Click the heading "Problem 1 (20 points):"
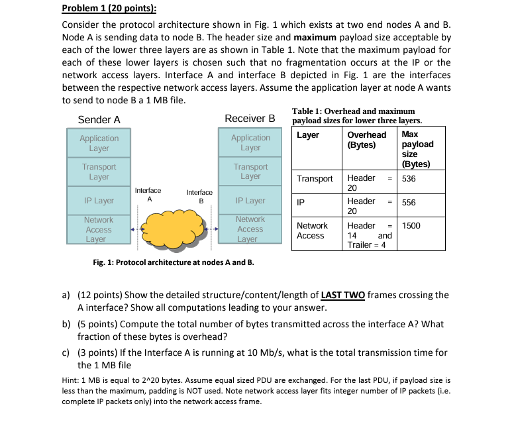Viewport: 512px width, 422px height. (x=109, y=9)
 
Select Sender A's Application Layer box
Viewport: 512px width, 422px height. (x=99, y=143)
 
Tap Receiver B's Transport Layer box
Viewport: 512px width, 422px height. (x=250, y=172)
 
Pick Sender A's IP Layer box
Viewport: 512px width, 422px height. (x=99, y=201)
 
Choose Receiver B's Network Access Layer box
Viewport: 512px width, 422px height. (x=250, y=229)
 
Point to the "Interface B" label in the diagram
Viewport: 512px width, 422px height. (x=199, y=195)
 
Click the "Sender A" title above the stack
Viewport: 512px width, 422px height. (x=99, y=120)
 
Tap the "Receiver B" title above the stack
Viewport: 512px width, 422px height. (x=250, y=119)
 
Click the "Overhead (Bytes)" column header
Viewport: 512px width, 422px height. (x=366, y=139)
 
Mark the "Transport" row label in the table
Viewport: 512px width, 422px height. (x=315, y=178)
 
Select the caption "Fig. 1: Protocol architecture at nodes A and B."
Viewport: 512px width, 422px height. (x=174, y=262)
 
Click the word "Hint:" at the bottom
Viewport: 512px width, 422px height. (x=72, y=381)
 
